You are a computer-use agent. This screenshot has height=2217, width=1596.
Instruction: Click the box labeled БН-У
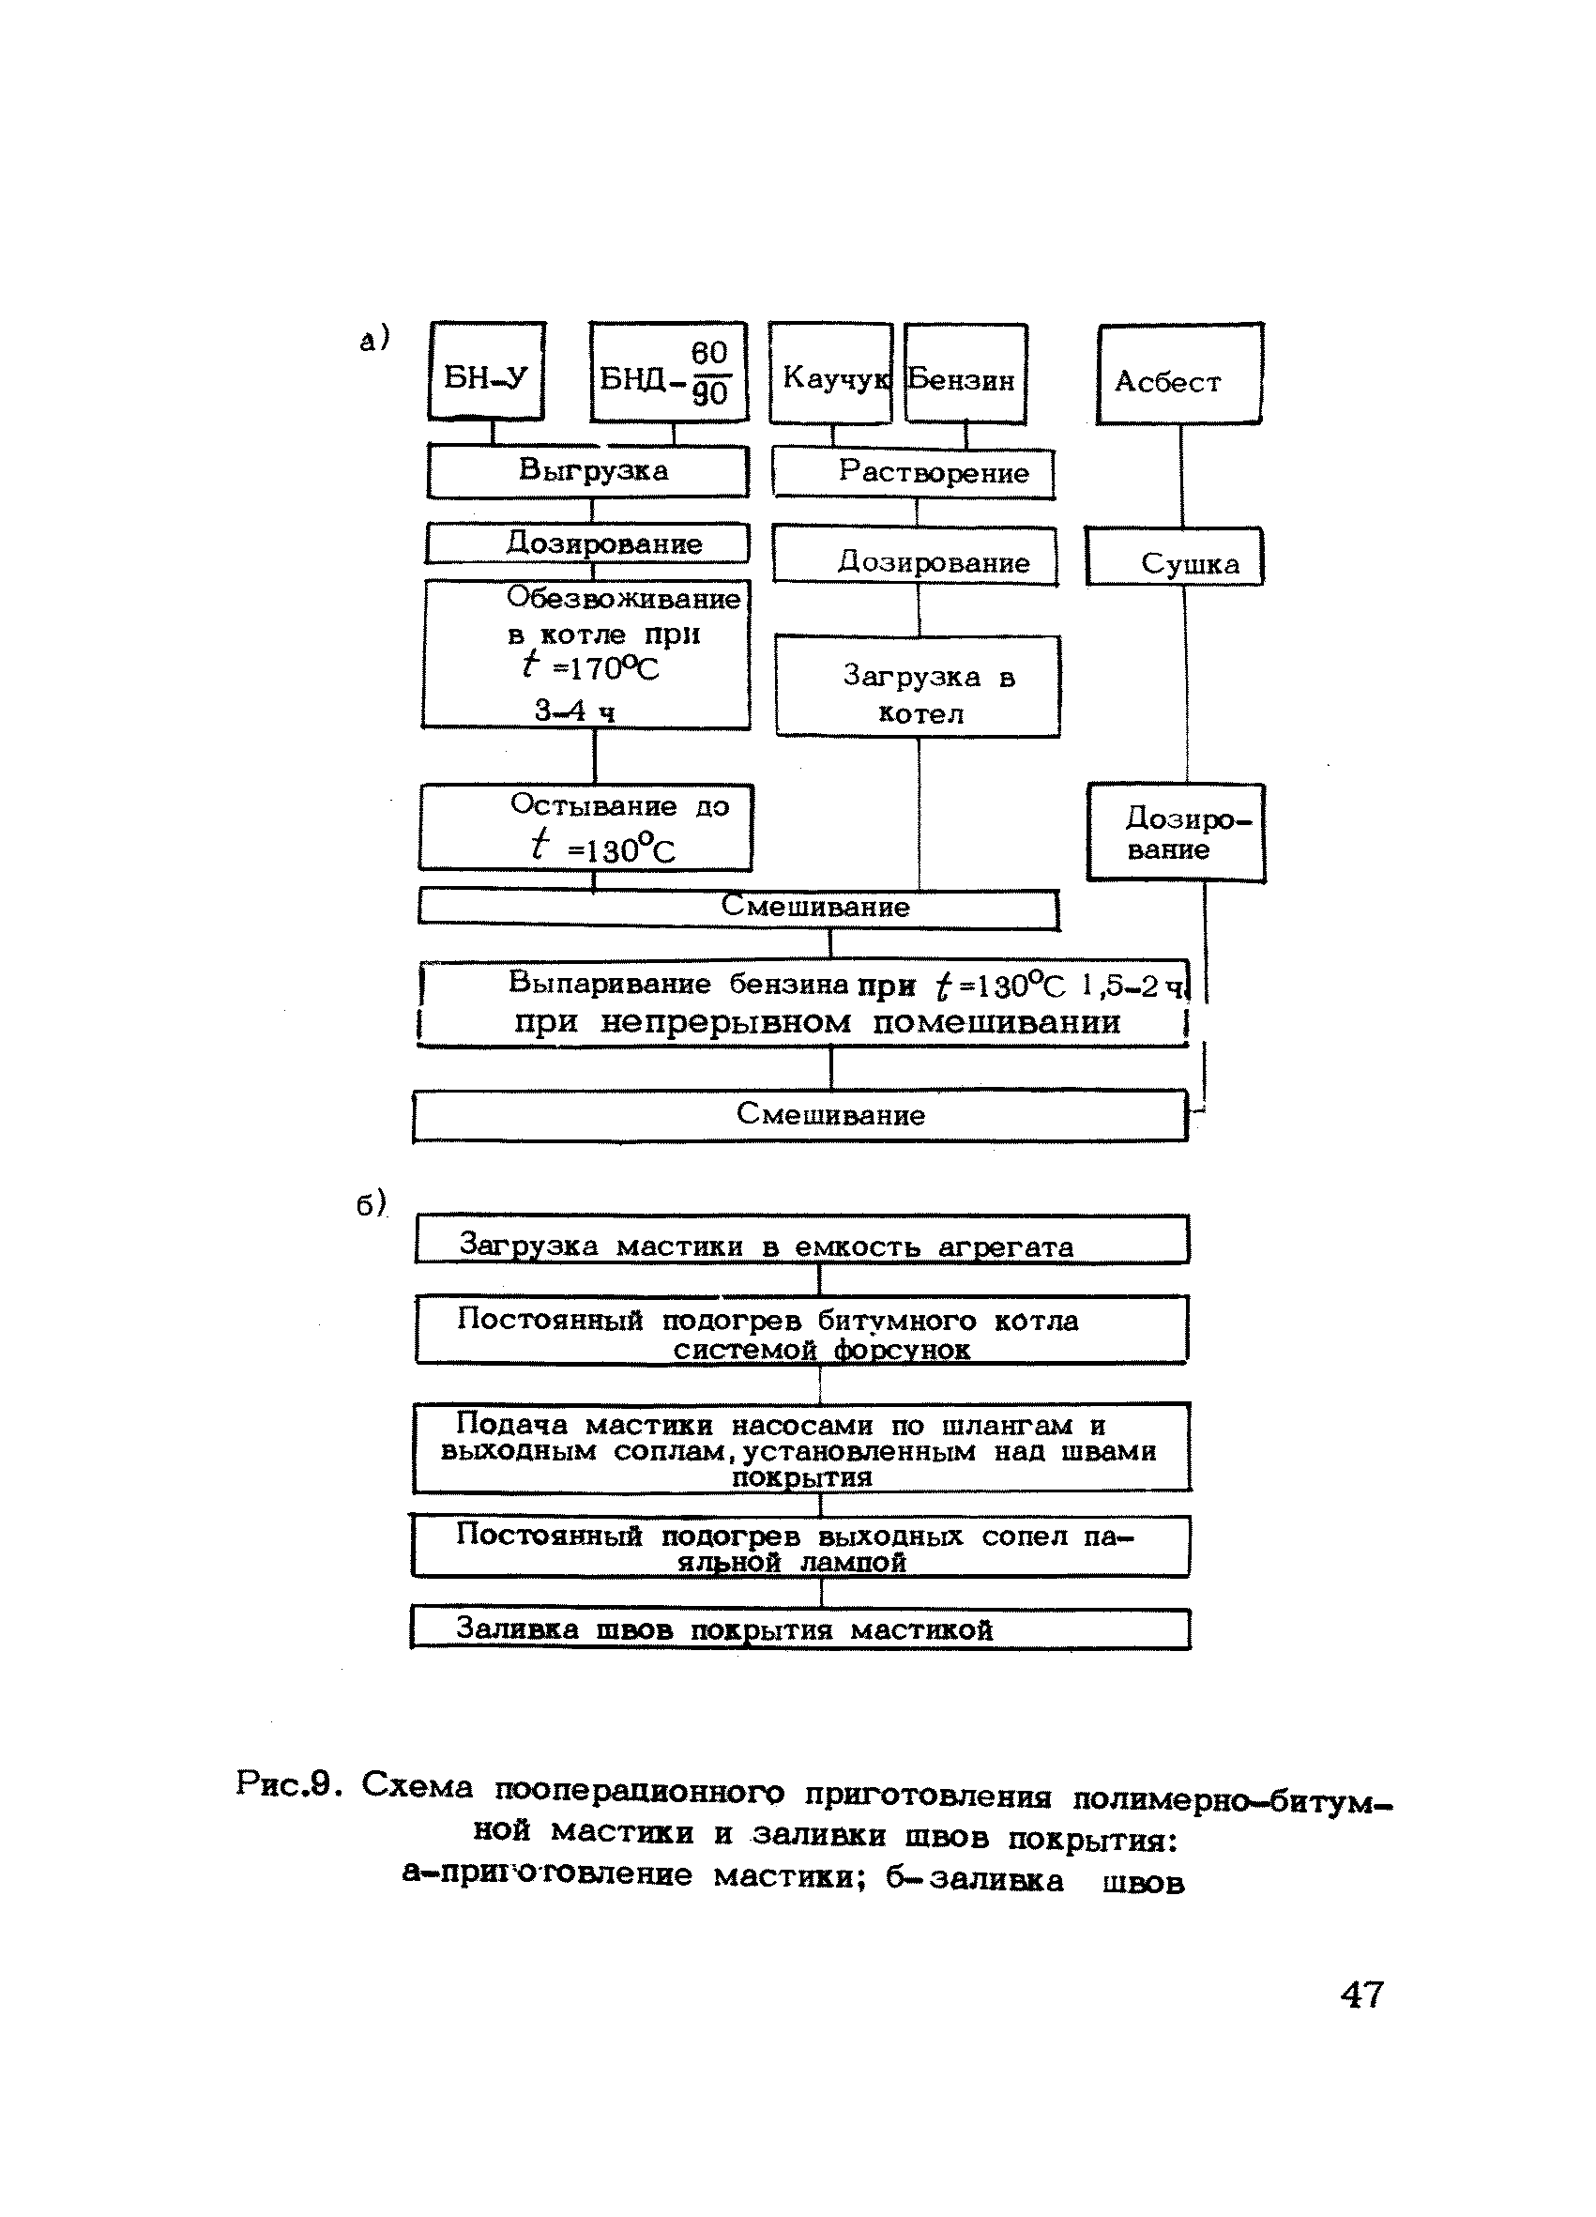pyautogui.click(x=487, y=373)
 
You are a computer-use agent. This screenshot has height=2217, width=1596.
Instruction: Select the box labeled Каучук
pyautogui.click(x=830, y=375)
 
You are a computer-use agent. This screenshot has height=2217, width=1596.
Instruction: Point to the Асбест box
pyautogui.click(x=1178, y=375)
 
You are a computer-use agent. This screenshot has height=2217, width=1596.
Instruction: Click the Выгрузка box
pyautogui.click(x=588, y=471)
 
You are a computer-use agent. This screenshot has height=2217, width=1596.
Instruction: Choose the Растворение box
pyautogui.click(x=914, y=474)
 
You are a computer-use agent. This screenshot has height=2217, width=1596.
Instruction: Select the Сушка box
pyautogui.click(x=1174, y=558)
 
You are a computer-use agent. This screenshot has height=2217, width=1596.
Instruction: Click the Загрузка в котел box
pyautogui.click(x=918, y=686)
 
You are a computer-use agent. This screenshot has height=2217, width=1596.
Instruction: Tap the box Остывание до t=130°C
pyautogui.click(x=586, y=827)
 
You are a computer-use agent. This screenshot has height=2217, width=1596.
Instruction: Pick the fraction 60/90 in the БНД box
pyautogui.click(x=710, y=374)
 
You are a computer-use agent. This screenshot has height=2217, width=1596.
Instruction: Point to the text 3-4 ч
pyautogui.click(x=574, y=711)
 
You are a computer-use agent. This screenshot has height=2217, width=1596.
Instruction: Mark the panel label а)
pyautogui.click(x=374, y=339)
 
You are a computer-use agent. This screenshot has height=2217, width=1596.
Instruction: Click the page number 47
pyautogui.click(x=1362, y=1995)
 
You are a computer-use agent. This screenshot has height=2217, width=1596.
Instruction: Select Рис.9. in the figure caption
pyautogui.click(x=288, y=1786)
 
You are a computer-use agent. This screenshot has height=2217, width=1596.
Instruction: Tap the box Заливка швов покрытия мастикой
pyautogui.click(x=799, y=1629)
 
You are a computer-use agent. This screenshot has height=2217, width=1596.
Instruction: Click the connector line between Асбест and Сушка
pyautogui.click(x=1181, y=476)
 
